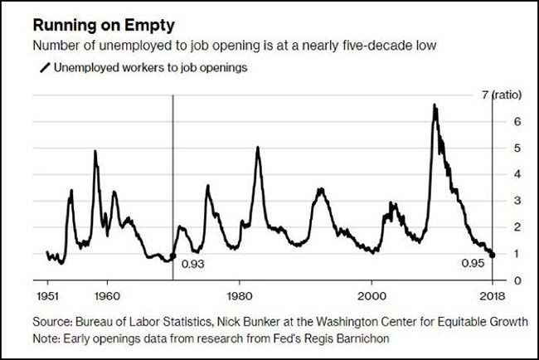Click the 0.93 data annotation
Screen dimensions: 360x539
click(x=192, y=264)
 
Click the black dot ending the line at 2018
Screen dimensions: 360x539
click(x=493, y=255)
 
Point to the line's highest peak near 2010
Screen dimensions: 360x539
click(x=434, y=105)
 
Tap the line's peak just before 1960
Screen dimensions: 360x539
click(x=95, y=152)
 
